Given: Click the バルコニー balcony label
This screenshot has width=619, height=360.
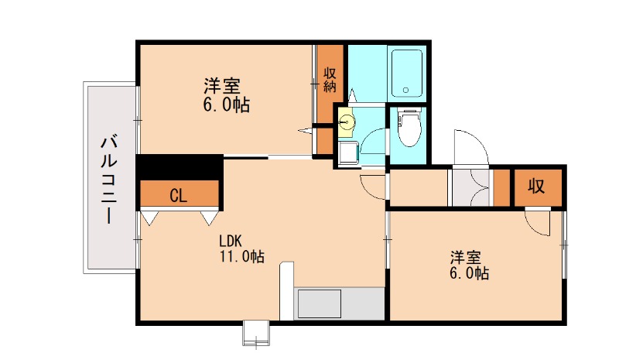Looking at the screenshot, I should [x=110, y=180].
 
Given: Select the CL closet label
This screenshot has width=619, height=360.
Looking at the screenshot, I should [x=178, y=196].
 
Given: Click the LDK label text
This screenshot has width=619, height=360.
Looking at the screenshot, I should [x=231, y=240].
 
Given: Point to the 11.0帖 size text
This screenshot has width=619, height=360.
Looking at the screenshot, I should [x=242, y=256].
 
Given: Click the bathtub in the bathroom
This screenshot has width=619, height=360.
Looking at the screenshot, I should [x=406, y=73].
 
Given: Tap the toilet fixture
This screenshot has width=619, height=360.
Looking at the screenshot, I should [x=408, y=127].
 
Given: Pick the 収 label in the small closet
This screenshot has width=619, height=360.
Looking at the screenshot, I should [x=537, y=186].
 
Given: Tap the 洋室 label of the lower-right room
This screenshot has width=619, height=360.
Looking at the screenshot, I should [x=469, y=256].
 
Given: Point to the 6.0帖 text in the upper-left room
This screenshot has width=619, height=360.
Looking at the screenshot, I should [x=226, y=105].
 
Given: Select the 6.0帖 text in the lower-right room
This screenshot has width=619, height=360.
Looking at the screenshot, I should [x=470, y=273].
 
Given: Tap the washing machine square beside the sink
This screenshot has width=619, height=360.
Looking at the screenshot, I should [x=347, y=152].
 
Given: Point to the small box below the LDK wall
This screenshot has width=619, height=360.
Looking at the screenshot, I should [x=255, y=332].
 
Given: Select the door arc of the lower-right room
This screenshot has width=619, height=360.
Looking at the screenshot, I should [x=535, y=222].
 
